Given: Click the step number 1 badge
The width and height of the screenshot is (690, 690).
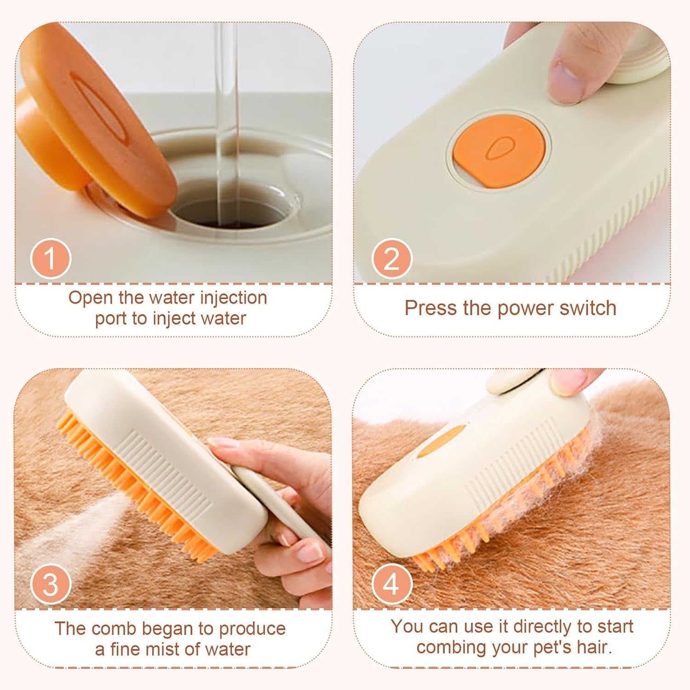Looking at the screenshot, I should (51, 259).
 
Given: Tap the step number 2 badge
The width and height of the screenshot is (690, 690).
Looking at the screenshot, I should (391, 259).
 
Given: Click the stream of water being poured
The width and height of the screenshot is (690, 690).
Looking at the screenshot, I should (228, 115).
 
